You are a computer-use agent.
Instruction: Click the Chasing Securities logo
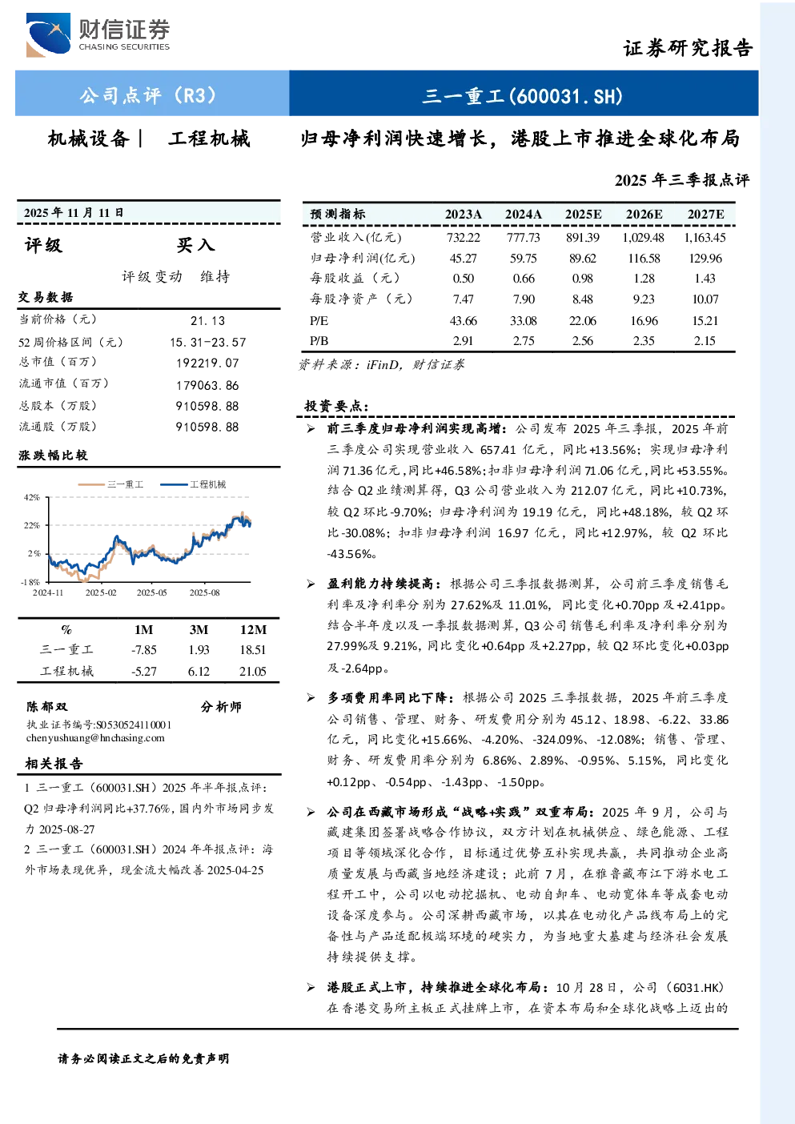tap(98, 34)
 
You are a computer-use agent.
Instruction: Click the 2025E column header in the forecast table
tap(583, 215)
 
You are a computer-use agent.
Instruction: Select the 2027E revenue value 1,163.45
tap(705, 237)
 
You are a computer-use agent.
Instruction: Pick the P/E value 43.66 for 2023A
tap(463, 321)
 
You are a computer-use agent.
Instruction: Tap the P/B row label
tap(319, 341)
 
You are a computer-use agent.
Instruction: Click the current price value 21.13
tap(208, 321)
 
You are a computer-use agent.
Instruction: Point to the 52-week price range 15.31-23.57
tap(208, 342)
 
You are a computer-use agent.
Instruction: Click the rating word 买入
tap(195, 245)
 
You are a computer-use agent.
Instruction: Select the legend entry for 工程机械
tap(193, 484)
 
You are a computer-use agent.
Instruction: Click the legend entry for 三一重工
tap(111, 484)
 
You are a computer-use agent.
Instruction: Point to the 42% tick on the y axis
tap(32, 497)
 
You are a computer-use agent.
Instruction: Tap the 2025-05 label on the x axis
tap(151, 592)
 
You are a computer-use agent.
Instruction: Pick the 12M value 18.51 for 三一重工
tap(252, 650)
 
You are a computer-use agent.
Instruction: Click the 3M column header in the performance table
tap(199, 630)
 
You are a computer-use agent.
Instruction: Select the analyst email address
tap(95, 737)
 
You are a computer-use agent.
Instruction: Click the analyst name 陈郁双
tap(46, 707)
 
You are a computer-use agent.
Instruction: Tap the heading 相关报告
tap(54, 764)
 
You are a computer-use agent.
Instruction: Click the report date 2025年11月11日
tap(74, 213)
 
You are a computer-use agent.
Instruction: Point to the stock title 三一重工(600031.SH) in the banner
tap(522, 96)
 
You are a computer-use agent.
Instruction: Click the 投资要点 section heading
tap(336, 406)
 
